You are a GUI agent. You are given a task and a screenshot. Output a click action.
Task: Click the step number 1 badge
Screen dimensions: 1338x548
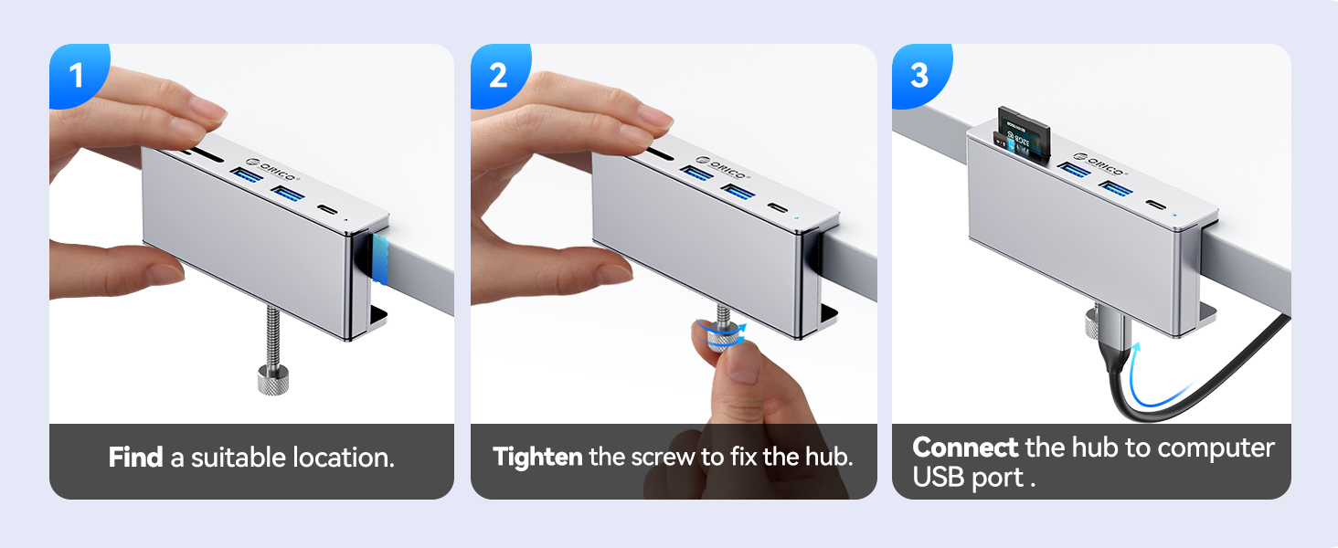77,75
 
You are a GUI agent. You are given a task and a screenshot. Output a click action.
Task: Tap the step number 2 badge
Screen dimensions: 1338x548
498,75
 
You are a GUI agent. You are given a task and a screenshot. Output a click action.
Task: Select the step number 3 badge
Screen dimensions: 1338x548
919,75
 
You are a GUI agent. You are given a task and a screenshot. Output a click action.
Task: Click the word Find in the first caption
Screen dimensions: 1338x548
135,458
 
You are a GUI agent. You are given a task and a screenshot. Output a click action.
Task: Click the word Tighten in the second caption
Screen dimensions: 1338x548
537,458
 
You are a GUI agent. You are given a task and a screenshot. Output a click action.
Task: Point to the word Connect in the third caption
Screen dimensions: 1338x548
965,448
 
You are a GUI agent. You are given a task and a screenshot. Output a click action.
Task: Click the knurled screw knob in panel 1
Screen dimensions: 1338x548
273,380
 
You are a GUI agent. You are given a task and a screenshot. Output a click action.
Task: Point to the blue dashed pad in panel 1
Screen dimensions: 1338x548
380,258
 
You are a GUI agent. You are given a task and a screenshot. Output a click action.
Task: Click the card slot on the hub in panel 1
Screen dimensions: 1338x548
203,155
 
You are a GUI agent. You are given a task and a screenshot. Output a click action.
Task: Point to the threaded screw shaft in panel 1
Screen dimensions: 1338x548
273,338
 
